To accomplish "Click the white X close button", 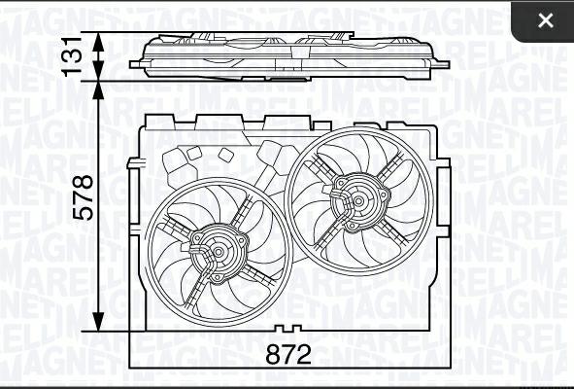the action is coord(546,20).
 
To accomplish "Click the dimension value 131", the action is coord(71,56).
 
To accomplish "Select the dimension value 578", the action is coord(83,197).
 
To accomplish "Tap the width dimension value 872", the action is coord(288,354).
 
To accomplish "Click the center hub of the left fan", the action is coord(219,252).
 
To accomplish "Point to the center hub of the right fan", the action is coord(358,200).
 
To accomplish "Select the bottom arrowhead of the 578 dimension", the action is coord(98,321).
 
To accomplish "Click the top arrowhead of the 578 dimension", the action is coord(98,90).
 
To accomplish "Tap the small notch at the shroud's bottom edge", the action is coord(287,328).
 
